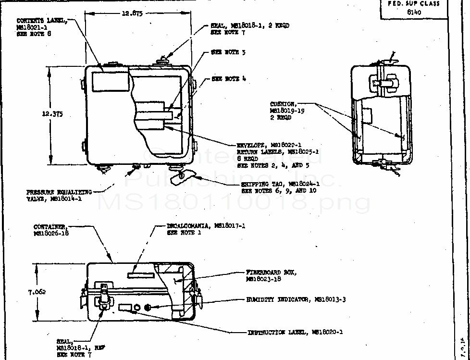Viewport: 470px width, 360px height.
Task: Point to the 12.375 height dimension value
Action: pyautogui.click(x=53, y=114)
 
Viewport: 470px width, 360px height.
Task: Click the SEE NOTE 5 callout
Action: pyautogui.click(x=228, y=52)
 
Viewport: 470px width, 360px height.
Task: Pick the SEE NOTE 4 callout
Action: pyautogui.click(x=229, y=79)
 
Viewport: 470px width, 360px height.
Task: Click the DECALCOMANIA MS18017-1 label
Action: pyautogui.click(x=209, y=228)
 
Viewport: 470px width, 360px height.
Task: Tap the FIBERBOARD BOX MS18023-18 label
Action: pyautogui.click(x=271, y=275)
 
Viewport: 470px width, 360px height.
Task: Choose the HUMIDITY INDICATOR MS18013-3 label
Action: pyautogui.click(x=297, y=299)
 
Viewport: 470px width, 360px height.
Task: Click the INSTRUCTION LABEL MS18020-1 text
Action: pyautogui.click(x=295, y=332)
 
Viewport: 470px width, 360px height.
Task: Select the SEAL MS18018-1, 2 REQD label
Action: pyautogui.click(x=250, y=28)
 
